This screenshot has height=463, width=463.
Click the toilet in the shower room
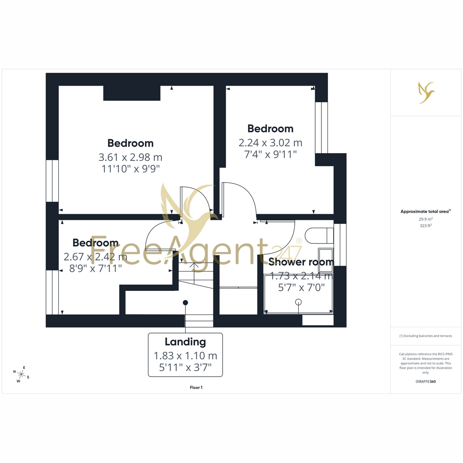[319, 236]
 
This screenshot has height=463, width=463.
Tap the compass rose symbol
[21, 374]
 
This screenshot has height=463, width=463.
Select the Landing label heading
[185, 342]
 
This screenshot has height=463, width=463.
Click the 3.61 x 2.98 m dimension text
[130, 157]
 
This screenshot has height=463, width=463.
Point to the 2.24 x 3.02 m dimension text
[270, 143]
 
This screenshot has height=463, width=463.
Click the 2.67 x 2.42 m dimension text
[95, 257]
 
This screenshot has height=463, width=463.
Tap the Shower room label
[301, 262]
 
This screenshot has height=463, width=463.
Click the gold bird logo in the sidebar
[426, 93]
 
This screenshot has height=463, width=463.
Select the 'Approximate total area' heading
[426, 211]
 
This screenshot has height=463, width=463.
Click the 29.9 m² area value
[426, 219]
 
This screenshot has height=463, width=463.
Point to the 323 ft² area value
[426, 226]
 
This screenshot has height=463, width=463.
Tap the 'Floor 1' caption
[196, 387]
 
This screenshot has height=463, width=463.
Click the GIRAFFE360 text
[426, 381]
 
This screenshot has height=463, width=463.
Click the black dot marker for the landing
[185, 302]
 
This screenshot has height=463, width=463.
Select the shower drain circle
[298, 302]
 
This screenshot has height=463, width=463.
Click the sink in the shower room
[326, 257]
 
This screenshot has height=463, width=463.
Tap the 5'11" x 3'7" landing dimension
[185, 367]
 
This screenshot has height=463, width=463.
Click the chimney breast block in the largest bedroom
[132, 93]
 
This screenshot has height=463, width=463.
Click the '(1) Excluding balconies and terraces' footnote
[426, 336]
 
